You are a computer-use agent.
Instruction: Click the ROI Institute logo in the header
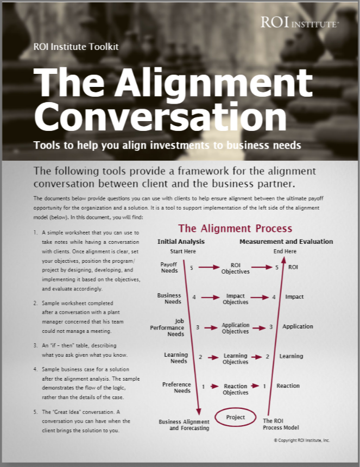(x=300, y=22)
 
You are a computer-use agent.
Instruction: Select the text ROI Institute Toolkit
(x=75, y=47)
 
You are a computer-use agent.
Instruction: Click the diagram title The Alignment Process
(x=235, y=229)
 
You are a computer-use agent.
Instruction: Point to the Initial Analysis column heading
(x=181, y=242)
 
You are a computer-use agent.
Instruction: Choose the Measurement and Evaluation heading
(x=286, y=242)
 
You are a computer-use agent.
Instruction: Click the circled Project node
(x=235, y=418)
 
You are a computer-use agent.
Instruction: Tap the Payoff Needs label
(x=169, y=267)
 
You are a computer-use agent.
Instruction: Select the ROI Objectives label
(x=235, y=268)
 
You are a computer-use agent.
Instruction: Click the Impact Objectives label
(x=235, y=299)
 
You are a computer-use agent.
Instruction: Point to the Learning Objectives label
(x=235, y=359)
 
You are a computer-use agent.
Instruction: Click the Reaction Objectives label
(x=235, y=389)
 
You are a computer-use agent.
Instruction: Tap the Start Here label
(x=182, y=251)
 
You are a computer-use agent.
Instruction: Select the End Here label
(x=285, y=251)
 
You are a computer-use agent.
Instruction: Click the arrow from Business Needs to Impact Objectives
(x=209, y=298)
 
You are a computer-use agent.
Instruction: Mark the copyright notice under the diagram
(x=301, y=440)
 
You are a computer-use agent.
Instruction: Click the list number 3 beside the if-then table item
(x=35, y=345)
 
